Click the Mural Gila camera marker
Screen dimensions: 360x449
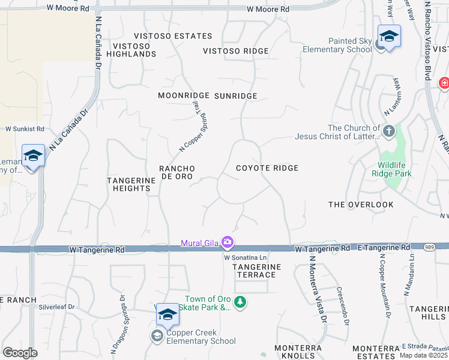tap(228, 242)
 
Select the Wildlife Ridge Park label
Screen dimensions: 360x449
tap(394, 169)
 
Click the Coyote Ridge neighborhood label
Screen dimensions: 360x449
tap(267, 168)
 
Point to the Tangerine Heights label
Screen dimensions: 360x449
tap(128, 184)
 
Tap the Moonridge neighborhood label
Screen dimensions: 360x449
tap(183, 95)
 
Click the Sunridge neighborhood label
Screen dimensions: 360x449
tap(235, 96)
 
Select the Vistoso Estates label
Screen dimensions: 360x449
tap(173, 36)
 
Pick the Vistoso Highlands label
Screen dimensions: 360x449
tap(131, 50)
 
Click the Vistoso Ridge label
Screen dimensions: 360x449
tap(235, 51)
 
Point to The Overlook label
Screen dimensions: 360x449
tap(361, 205)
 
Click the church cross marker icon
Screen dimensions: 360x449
tap(388, 130)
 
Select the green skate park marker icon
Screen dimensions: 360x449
tap(240, 301)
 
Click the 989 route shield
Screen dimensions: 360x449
tap(430, 247)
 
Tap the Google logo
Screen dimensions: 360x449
tap(20, 353)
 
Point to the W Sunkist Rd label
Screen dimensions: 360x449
tap(25, 128)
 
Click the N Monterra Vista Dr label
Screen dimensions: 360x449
tap(317, 289)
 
